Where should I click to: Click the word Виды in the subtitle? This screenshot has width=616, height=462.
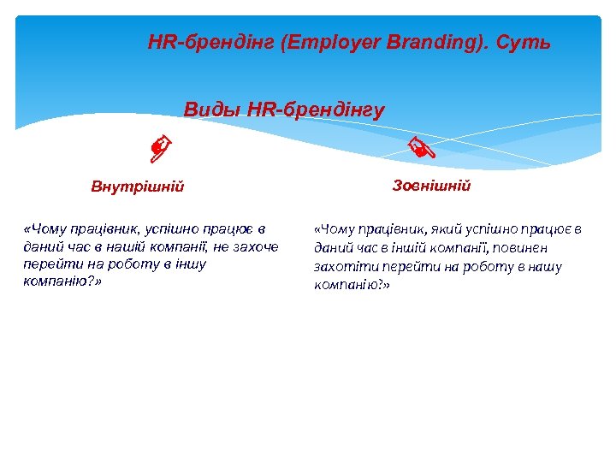pos(212,110)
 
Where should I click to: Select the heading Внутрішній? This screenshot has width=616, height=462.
pos(138,187)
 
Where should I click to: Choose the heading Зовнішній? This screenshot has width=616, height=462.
pos(431,186)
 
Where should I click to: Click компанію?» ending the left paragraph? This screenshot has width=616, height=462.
pos(62,281)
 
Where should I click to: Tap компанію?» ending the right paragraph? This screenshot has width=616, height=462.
pos(352,285)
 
